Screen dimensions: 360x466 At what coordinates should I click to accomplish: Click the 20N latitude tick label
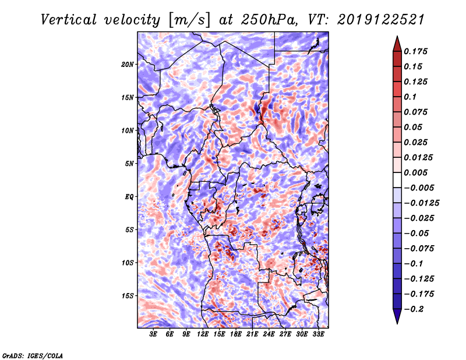tap(128, 64)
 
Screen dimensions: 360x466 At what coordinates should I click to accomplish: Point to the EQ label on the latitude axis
tap(129, 197)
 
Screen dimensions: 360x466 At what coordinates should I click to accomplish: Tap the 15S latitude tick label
tap(128, 296)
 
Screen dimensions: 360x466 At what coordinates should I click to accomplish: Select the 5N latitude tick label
tap(129, 164)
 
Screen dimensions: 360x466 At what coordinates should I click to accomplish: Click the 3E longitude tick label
tap(154, 334)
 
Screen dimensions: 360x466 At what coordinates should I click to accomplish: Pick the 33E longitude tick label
tap(319, 334)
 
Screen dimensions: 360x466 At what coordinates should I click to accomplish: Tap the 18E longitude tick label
tap(236, 334)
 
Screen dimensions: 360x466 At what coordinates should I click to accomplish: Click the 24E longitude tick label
tap(269, 334)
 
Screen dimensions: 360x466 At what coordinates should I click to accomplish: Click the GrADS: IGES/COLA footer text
tap(32, 355)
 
